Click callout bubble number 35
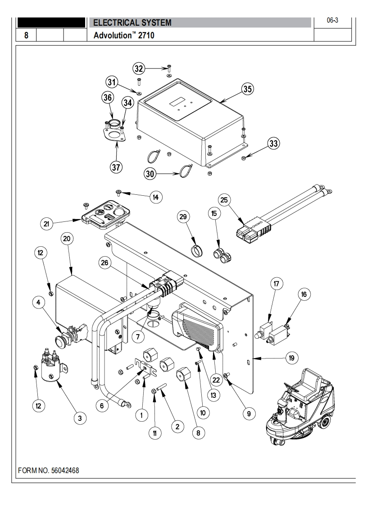click(x=248, y=89)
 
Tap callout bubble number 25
click(x=224, y=199)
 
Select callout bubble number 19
click(x=291, y=358)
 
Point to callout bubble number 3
click(x=80, y=418)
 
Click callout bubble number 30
click(x=150, y=172)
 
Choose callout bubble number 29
click(x=182, y=217)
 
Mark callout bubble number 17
click(x=276, y=284)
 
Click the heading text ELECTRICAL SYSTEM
click(x=132, y=23)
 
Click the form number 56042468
click(x=49, y=470)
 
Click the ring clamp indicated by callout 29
click(x=196, y=249)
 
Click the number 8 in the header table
click(x=26, y=35)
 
